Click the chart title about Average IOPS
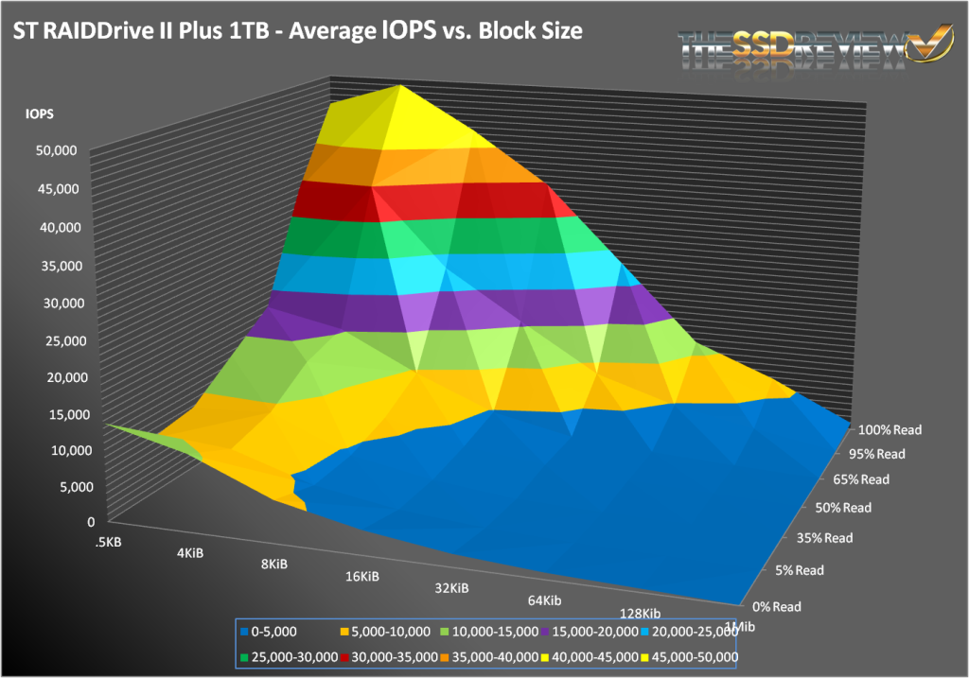pyautogui.click(x=296, y=31)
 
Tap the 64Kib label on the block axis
pyautogui.click(x=543, y=600)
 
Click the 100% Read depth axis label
pyautogui.click(x=887, y=429)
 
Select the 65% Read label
pyautogui.click(x=861, y=479)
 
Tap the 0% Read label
pyautogui.click(x=776, y=606)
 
